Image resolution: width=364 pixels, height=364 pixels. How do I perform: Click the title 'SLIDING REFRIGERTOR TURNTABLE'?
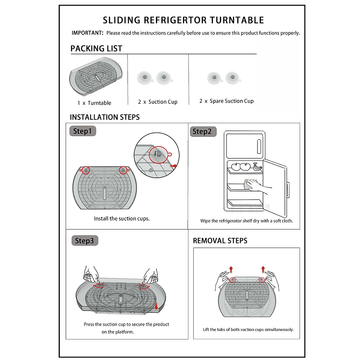tap(183, 20)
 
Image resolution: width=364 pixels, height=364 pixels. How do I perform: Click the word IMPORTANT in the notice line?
tap(87, 33)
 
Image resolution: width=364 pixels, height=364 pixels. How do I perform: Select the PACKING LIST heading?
tap(96, 49)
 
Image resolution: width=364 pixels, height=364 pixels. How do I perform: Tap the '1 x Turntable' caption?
tap(94, 103)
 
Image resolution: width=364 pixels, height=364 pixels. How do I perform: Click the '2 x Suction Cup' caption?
tap(158, 102)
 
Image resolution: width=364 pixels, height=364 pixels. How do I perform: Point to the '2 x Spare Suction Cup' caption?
tap(227, 101)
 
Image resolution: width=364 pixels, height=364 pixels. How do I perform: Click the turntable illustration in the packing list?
tap(96, 77)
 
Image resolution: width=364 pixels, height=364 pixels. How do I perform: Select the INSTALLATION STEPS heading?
tap(105, 117)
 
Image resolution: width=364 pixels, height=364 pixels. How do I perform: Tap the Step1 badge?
tap(83, 131)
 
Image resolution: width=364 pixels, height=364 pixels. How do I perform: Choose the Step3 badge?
tap(85, 241)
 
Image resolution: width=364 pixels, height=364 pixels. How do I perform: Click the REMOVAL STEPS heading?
tap(220, 241)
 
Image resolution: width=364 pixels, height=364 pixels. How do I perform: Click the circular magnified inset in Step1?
tap(157, 155)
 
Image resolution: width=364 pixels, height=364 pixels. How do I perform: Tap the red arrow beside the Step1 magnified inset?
tap(174, 166)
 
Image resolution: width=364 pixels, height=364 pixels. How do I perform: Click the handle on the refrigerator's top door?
tap(259, 147)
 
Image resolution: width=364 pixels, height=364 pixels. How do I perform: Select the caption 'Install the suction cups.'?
tap(122, 219)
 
